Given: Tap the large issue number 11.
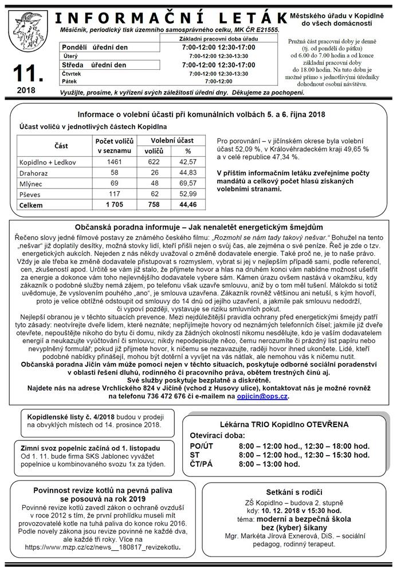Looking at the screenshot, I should point(27,73).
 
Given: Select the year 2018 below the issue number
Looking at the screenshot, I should point(26,90).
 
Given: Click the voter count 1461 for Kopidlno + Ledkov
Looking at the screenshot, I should point(115,162).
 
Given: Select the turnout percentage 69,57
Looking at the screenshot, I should point(188,183).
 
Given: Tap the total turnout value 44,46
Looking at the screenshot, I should point(187,204).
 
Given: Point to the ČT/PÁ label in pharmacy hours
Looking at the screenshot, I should point(200,464).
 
